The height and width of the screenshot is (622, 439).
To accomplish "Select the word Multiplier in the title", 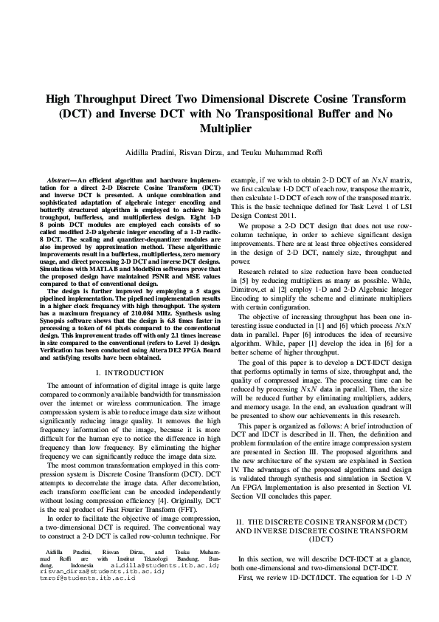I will pyautogui.click(x=219, y=129).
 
